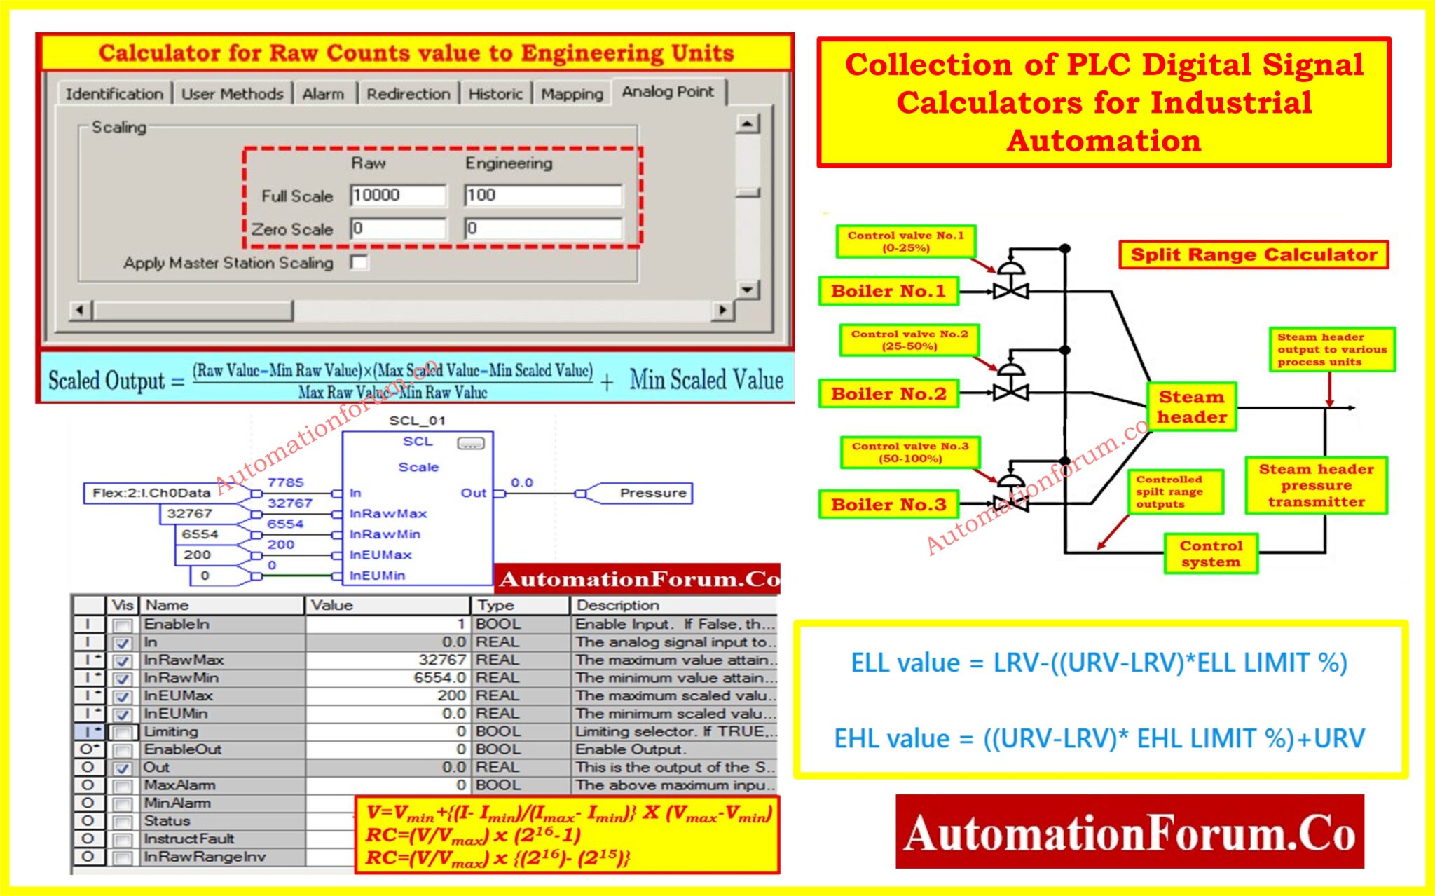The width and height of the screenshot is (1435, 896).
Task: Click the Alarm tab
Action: [x=323, y=94]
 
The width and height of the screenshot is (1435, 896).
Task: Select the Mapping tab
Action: [x=572, y=94]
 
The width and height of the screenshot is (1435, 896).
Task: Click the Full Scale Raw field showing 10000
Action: [x=397, y=195]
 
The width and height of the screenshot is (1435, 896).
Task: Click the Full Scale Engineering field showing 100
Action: [x=542, y=195]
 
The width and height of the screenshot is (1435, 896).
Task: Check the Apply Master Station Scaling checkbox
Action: [x=359, y=263]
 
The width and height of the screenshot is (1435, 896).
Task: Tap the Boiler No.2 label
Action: [x=888, y=394]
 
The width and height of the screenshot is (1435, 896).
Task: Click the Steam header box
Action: [x=1191, y=407]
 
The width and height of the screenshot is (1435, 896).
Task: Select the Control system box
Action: [x=1211, y=554]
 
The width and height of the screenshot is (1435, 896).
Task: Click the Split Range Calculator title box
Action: [x=1253, y=254]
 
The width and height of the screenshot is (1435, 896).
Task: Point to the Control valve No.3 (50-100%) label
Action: [x=909, y=452]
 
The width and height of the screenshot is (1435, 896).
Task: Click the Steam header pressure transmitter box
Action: [x=1316, y=485]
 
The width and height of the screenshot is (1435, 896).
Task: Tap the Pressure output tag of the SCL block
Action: [x=652, y=493]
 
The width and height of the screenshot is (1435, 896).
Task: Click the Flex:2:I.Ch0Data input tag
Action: [x=151, y=493]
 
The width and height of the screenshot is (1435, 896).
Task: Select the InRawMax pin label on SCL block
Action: [x=387, y=513]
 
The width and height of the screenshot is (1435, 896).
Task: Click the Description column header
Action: [x=617, y=605]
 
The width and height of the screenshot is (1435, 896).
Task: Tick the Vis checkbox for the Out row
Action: [x=123, y=768]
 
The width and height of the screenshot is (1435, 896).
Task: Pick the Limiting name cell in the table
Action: [x=171, y=731]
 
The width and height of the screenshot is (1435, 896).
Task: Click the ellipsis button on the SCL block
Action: [x=470, y=443]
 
